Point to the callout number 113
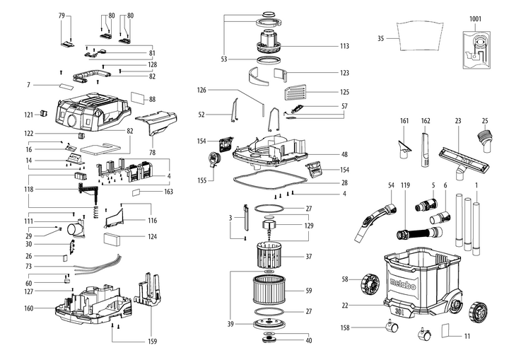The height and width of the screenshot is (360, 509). point(344,46)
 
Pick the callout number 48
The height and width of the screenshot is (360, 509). point(344,154)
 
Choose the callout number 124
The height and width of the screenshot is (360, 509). point(153,237)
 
